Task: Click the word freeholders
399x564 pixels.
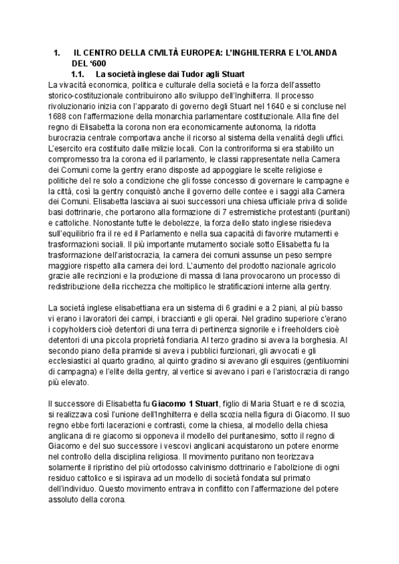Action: pyautogui.click(x=309, y=329)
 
